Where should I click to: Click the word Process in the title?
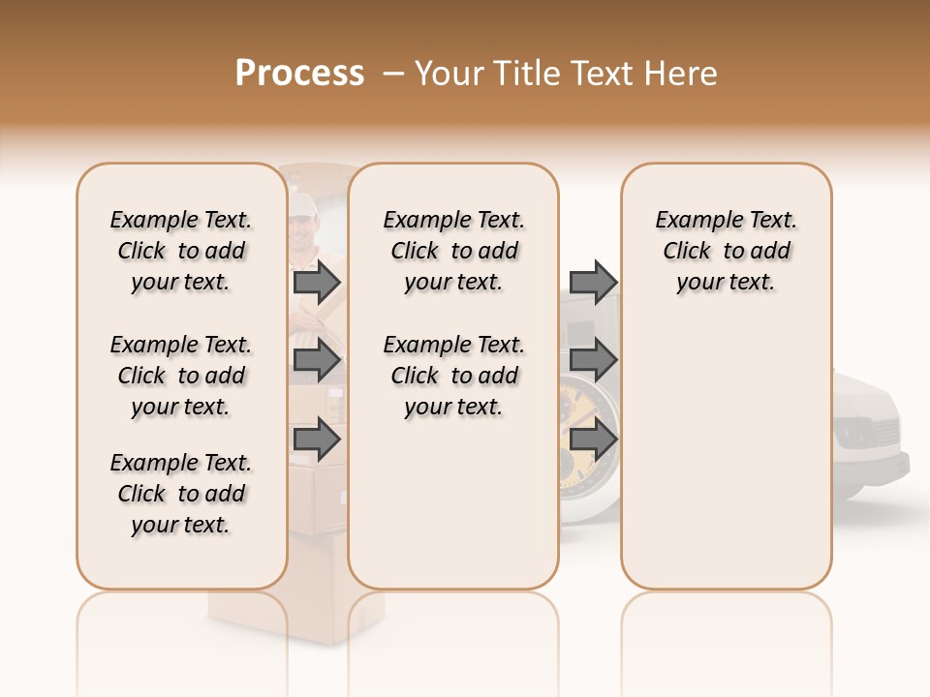point(299,74)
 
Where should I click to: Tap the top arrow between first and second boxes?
point(317,282)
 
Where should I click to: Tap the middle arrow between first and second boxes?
point(317,361)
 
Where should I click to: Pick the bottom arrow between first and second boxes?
point(317,439)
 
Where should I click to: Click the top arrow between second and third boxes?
point(593,282)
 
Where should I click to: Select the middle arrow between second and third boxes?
point(593,361)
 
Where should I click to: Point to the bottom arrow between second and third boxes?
point(593,439)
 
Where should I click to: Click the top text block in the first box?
point(181,251)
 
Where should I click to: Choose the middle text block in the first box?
point(181,376)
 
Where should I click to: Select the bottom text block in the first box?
point(181,494)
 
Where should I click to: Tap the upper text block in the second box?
point(454,251)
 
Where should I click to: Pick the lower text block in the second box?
point(454,376)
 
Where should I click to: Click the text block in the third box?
point(727,251)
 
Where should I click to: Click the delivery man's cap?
point(302,202)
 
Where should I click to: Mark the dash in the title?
point(392,74)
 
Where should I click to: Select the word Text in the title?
point(600,74)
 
